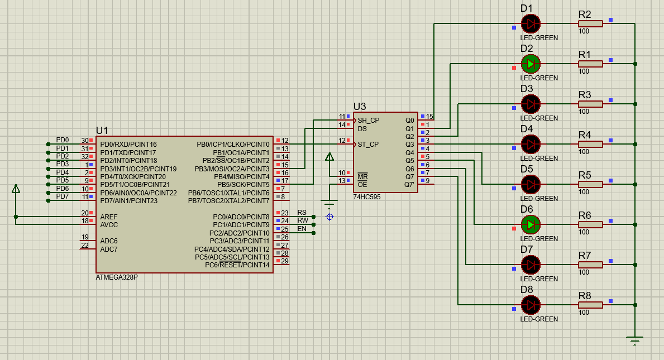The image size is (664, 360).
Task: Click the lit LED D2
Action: (531, 64)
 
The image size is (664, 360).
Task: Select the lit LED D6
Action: (531, 224)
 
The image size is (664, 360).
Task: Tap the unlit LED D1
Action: (531, 23)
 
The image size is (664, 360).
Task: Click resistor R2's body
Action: (590, 23)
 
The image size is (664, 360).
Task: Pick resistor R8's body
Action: (590, 305)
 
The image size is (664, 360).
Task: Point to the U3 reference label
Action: (360, 107)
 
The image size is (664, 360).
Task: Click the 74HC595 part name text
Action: (367, 197)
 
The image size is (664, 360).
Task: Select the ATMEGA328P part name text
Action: (117, 277)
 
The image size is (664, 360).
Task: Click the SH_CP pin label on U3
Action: (368, 120)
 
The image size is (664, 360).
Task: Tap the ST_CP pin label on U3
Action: (368, 144)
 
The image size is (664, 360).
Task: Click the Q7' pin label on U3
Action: (409, 184)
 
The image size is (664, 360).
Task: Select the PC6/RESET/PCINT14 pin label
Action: (237, 265)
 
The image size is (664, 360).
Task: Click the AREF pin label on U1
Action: (109, 217)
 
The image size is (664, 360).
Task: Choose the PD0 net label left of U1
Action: (63, 140)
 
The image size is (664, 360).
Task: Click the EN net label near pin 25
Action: (302, 229)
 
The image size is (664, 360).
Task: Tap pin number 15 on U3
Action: (429, 117)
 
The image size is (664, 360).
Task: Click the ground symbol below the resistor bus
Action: (635, 340)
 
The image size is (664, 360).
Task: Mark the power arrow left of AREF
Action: (16, 189)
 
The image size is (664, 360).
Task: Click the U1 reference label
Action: (102, 130)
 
